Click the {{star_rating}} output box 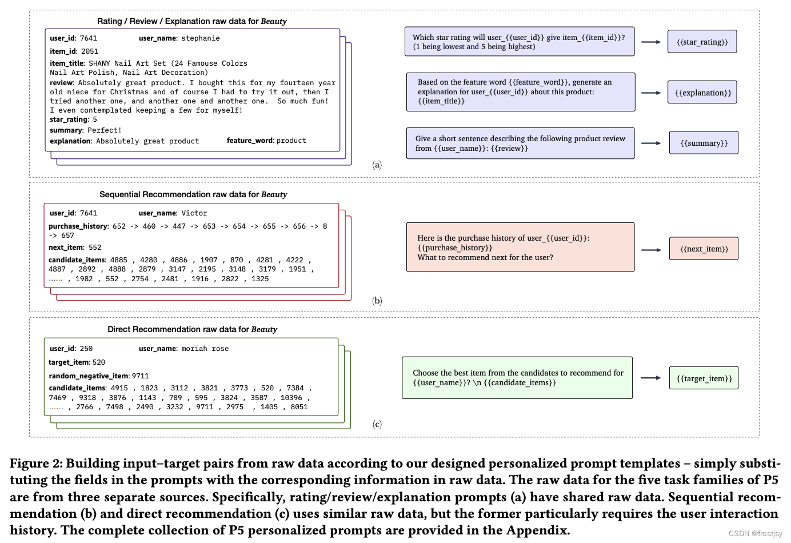[x=702, y=42]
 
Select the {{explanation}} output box [x=702, y=93]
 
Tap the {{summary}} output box [x=704, y=143]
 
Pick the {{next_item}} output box [x=704, y=249]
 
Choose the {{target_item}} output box [x=704, y=378]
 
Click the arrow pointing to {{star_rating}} [x=651, y=42]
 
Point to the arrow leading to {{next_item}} [x=651, y=250]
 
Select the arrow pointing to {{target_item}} [x=650, y=378]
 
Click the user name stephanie [x=200, y=38]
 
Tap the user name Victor [x=194, y=213]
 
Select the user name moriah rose [x=205, y=349]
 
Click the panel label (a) [x=377, y=165]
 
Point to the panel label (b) [x=377, y=301]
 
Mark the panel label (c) [x=377, y=424]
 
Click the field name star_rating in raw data [x=69, y=119]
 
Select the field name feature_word [x=249, y=141]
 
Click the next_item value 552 [x=95, y=247]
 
